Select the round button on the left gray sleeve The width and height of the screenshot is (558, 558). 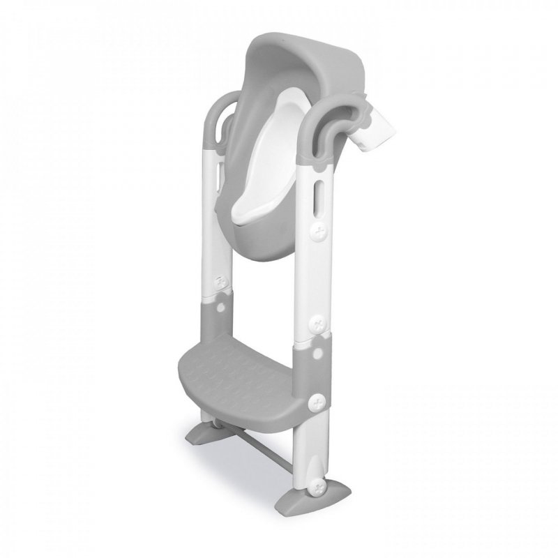(x=222, y=304)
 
